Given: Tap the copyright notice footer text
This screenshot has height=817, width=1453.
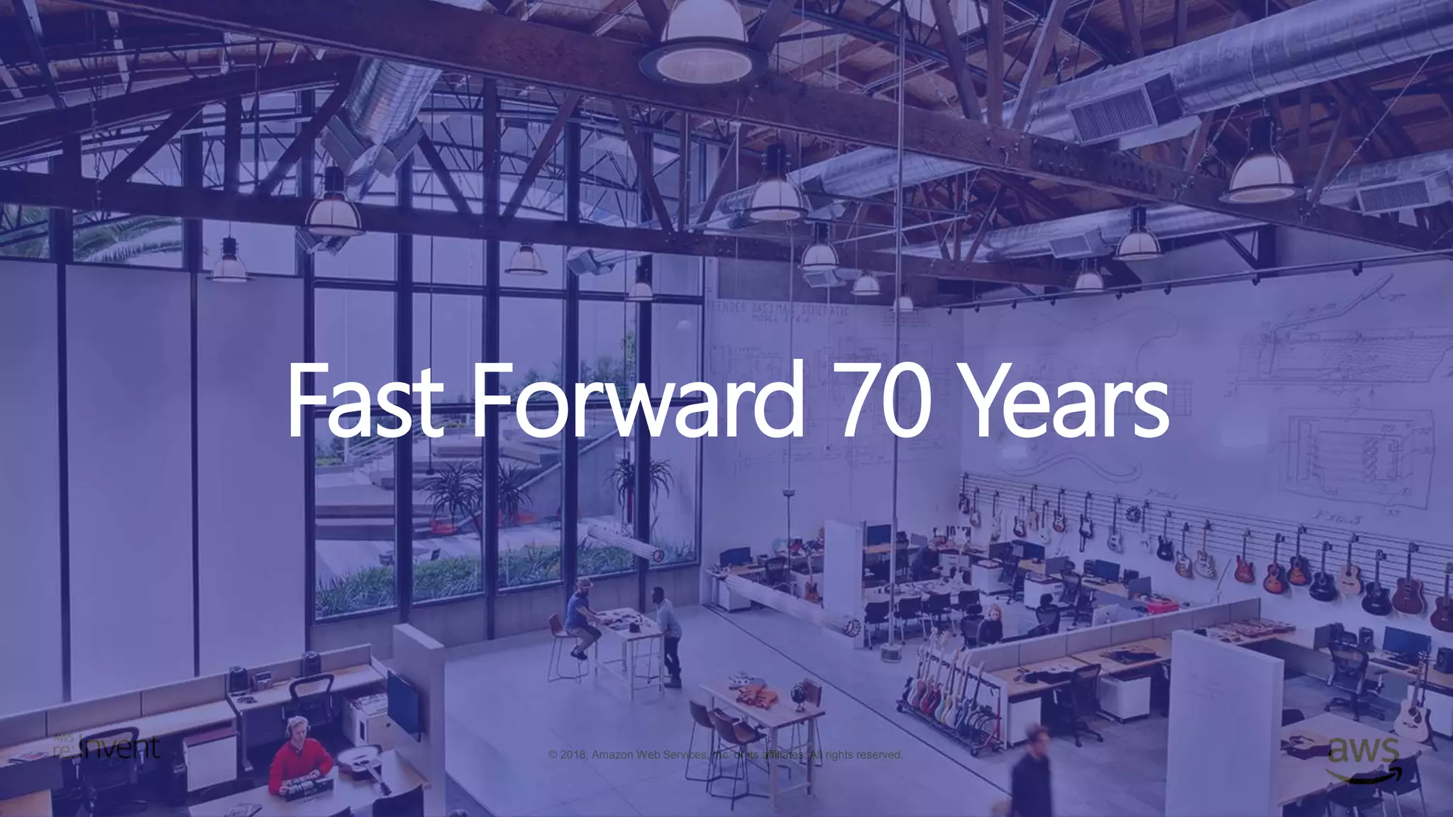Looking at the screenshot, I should (x=725, y=755).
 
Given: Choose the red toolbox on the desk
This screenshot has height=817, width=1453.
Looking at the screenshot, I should (x=1157, y=606).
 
